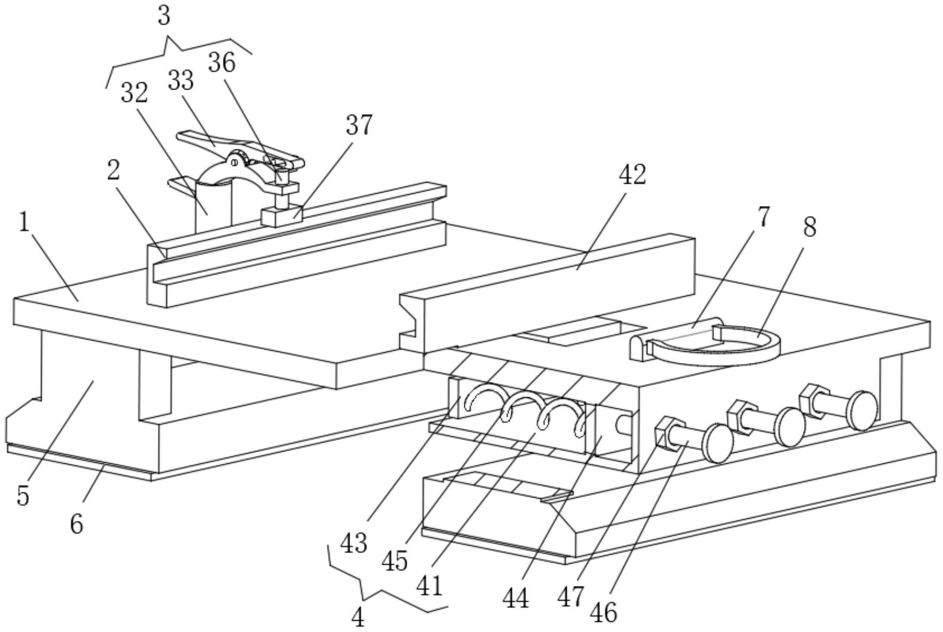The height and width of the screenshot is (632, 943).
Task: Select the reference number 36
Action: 221,64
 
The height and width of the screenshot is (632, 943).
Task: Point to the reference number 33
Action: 180,81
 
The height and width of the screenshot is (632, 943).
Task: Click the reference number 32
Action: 133,94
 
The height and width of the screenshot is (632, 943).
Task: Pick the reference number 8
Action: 809,228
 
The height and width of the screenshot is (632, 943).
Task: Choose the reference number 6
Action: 76,524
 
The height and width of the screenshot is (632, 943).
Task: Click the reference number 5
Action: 22,496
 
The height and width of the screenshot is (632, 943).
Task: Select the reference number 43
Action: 354,543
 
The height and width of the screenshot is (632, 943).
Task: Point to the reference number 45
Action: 395,562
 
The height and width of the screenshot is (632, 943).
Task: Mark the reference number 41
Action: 430,586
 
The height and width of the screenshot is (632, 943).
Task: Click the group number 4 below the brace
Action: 358,618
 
